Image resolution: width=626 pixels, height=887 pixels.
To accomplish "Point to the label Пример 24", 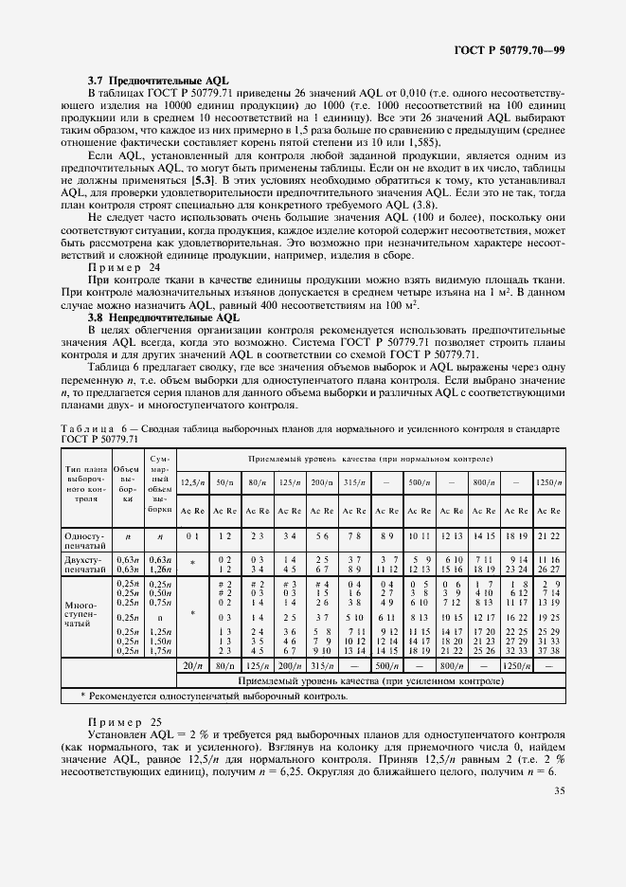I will (123, 267).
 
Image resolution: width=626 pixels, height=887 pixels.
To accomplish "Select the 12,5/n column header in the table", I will (192, 483).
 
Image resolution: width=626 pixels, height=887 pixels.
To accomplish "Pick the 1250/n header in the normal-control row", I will (548, 483).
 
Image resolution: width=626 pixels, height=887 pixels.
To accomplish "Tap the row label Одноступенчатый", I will (86, 540).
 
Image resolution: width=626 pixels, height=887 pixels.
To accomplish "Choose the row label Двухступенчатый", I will (86, 566).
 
